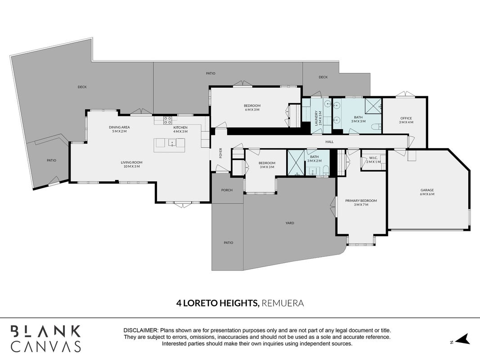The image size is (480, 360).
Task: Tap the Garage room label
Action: (x=427, y=192)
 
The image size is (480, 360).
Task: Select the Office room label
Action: (x=406, y=120)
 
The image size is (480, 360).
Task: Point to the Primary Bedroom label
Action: (x=361, y=202)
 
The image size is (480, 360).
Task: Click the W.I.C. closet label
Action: (x=373, y=159)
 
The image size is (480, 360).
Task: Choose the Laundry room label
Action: (x=319, y=118)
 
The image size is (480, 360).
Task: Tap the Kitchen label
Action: (x=180, y=129)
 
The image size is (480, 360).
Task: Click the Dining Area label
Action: (x=119, y=129)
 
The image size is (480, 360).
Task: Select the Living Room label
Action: (x=132, y=164)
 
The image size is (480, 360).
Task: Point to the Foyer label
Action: (x=221, y=153)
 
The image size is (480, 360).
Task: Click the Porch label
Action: (x=227, y=190)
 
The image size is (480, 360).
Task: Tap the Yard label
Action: (x=290, y=223)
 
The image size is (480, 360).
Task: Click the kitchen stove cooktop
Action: (x=167, y=120)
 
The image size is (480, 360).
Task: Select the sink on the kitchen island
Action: (x=172, y=143)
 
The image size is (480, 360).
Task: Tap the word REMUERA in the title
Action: (x=283, y=303)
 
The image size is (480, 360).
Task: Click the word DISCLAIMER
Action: (x=141, y=331)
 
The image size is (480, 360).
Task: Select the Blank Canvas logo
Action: (x=45, y=338)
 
